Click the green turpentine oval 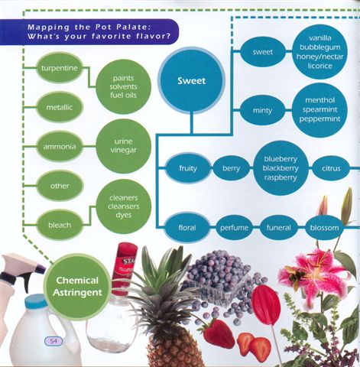tap(60, 68)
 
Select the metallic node tap(60, 108)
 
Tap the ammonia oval tap(60, 147)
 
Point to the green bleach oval tap(60, 225)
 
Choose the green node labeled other tap(60, 186)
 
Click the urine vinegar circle tap(124, 146)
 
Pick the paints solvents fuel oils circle tap(124, 86)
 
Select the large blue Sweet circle tap(191, 81)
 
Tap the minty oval tap(262, 111)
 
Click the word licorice tap(320, 66)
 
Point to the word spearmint tap(320, 110)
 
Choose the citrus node tap(331, 168)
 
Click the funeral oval tap(278, 227)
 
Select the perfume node tap(234, 227)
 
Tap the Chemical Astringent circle tap(77, 287)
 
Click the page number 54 tap(54, 341)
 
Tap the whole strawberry tap(219, 333)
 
